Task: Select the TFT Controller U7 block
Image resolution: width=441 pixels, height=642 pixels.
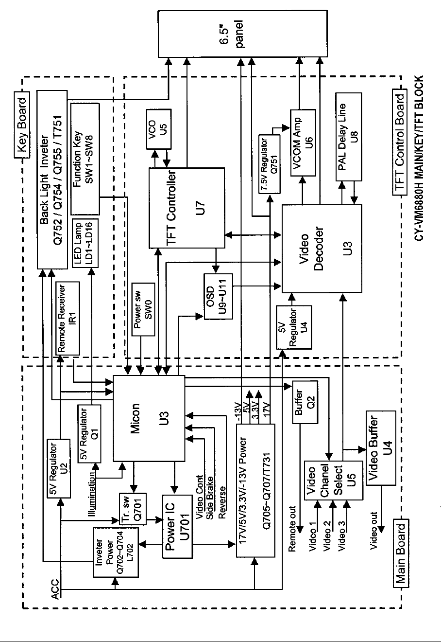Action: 187,206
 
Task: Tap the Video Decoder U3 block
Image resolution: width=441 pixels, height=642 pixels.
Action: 322,249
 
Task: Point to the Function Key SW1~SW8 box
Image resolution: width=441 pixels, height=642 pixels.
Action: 85,159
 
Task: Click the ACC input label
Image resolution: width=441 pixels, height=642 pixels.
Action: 55,589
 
